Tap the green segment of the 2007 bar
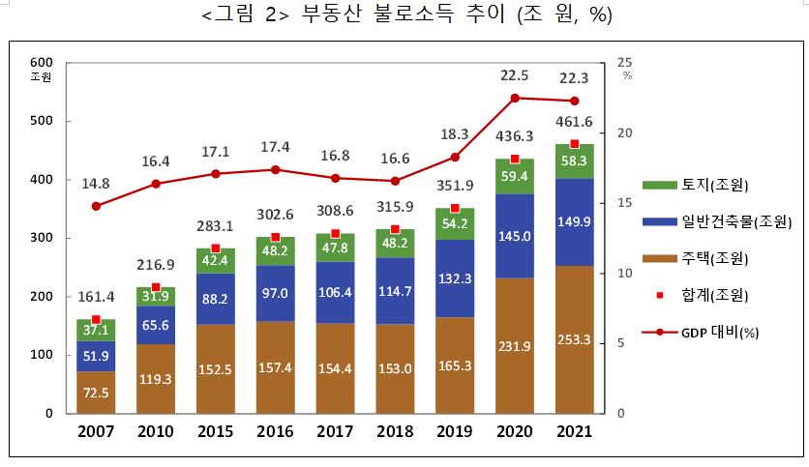coord(96,331)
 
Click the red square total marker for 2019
coord(455,208)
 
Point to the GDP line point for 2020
coord(515,98)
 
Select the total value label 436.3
coord(514,137)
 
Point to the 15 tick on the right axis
coord(623,203)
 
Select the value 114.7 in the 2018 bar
coord(395,291)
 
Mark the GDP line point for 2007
coord(96,206)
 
